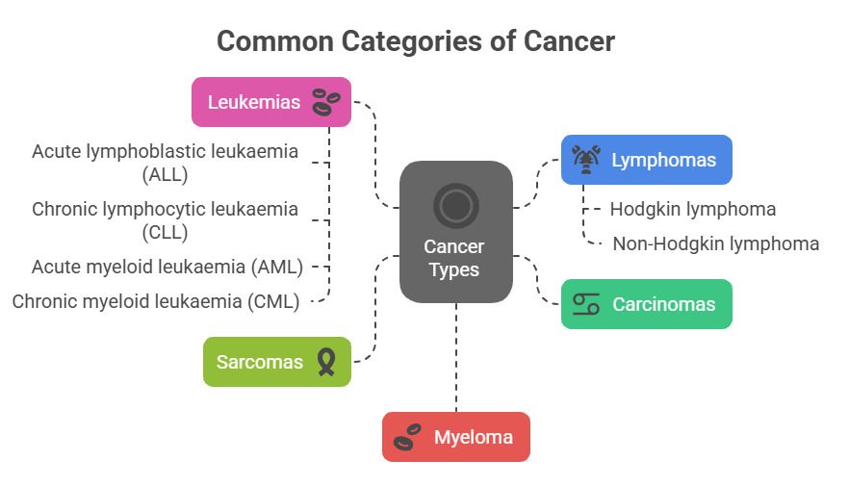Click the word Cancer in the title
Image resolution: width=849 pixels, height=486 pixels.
568,41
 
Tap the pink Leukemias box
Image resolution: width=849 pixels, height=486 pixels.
271,102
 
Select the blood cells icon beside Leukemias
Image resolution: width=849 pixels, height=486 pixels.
326,101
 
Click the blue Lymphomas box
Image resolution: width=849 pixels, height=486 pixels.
646,160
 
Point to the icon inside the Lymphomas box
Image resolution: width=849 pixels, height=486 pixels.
585,160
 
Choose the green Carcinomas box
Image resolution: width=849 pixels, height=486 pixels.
646,304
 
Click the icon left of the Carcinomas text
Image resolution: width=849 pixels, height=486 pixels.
585,304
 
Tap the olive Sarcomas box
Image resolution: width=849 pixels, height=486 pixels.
277,362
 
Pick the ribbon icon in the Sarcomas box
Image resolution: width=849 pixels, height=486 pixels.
326,362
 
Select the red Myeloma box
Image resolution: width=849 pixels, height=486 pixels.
455,437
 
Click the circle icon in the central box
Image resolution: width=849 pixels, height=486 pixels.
455,204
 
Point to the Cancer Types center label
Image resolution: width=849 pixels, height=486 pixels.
455,259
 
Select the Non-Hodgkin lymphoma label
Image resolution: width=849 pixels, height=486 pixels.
715,243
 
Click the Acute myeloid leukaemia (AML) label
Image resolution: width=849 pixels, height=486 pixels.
167,267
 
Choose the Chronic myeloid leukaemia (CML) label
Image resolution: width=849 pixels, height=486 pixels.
156,301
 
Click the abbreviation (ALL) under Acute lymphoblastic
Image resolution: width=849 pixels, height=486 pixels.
165,174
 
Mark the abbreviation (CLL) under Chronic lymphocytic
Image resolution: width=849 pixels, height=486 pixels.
165,232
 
